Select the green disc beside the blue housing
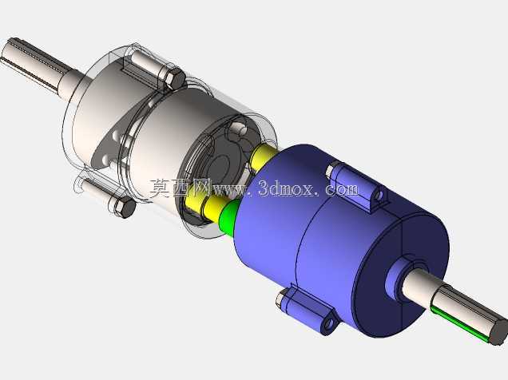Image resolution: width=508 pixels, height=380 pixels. [x=229, y=216]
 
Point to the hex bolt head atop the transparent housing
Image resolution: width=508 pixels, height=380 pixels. [x=175, y=78]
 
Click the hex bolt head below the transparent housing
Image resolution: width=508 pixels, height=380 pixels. [x=125, y=208]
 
